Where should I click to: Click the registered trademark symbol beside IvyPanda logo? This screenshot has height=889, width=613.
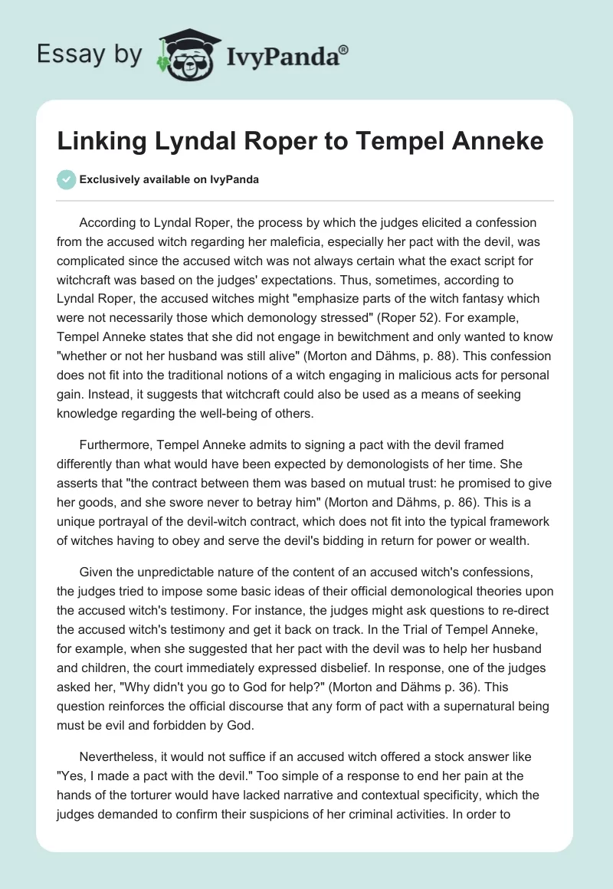(x=344, y=49)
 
